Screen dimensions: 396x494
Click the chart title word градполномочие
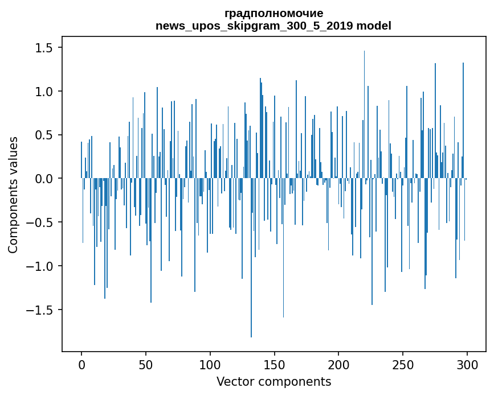[x=273, y=13]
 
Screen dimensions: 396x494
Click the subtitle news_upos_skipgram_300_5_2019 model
[x=273, y=26]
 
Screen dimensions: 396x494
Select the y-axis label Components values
[x=13, y=195]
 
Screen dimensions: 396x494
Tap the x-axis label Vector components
[x=273, y=381]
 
